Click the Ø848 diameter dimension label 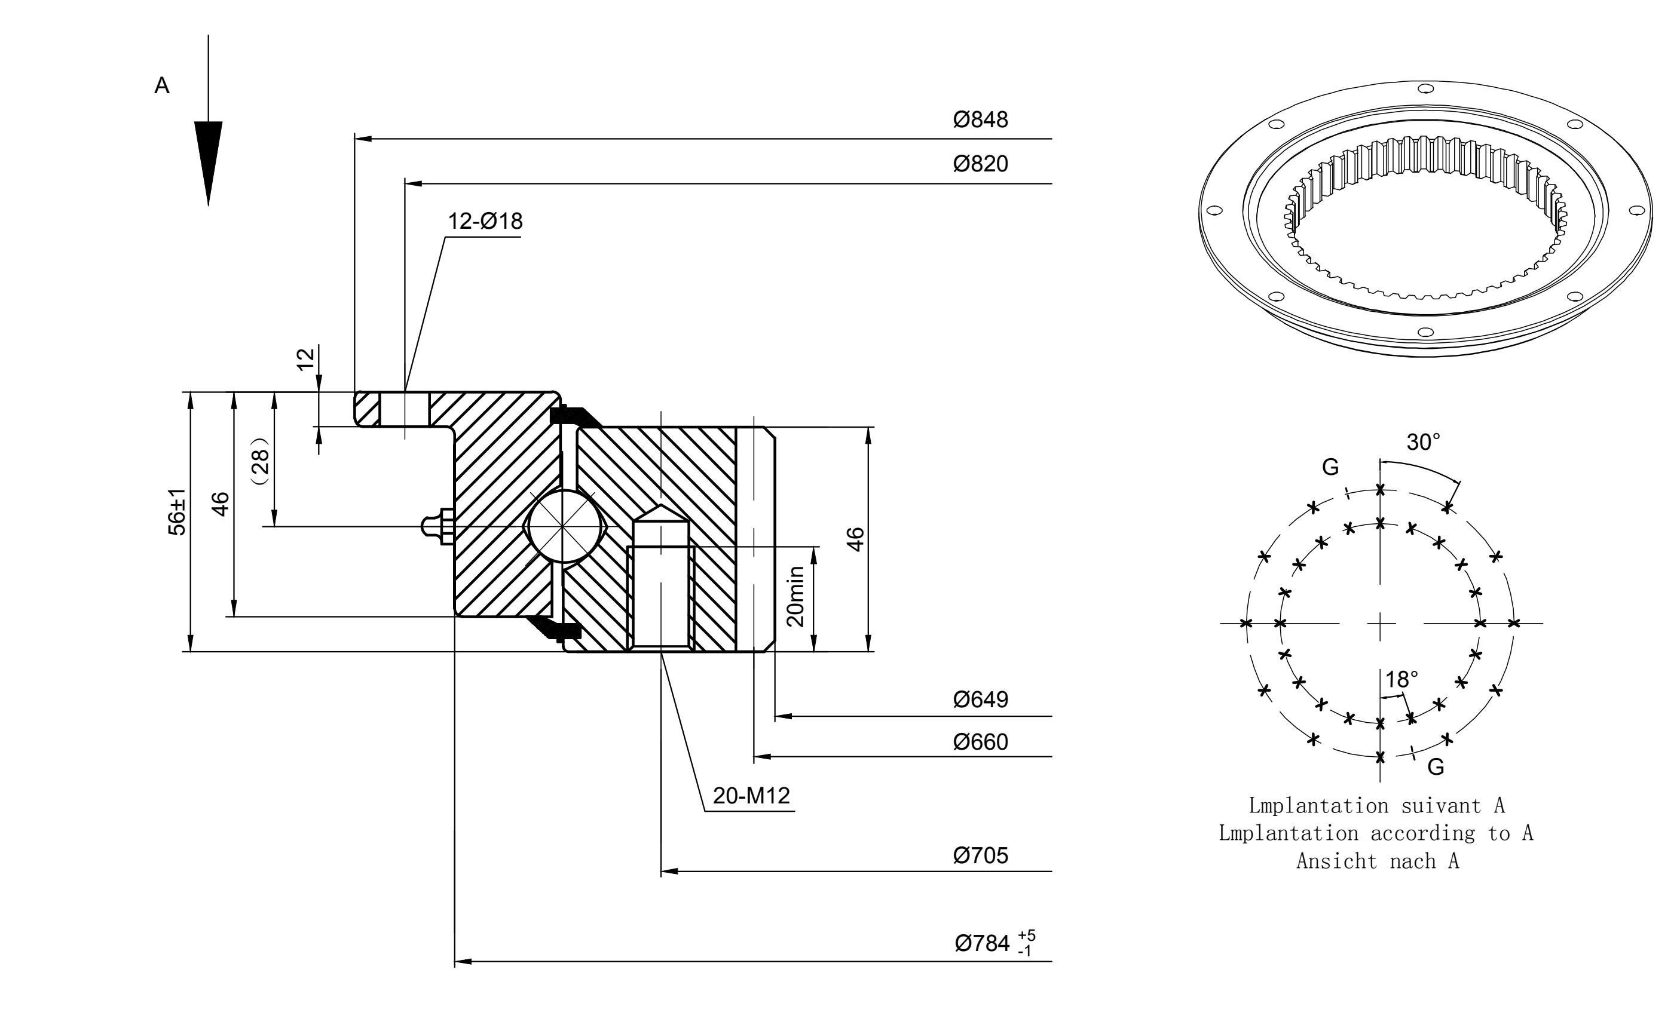[x=980, y=119]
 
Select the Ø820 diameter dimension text [x=980, y=164]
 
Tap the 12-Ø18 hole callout [x=485, y=221]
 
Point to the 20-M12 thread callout [x=751, y=795]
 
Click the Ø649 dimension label [x=980, y=699]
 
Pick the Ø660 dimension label [x=980, y=742]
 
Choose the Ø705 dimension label [x=980, y=855]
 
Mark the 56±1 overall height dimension [x=177, y=511]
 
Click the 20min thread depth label [x=795, y=596]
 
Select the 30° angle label [x=1423, y=443]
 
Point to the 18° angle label [x=1401, y=679]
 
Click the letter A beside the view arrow [x=162, y=85]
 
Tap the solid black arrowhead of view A [x=209, y=162]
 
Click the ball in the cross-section [x=564, y=527]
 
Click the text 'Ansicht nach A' [x=1378, y=861]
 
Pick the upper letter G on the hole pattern [x=1330, y=467]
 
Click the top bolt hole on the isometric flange [x=1425, y=88]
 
